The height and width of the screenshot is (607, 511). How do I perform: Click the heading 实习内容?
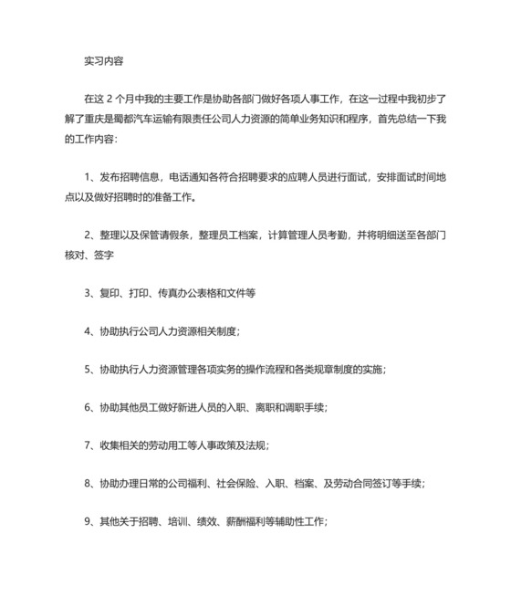pos(102,62)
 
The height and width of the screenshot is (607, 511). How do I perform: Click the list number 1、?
pos(89,174)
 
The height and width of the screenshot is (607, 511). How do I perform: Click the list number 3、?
pos(89,293)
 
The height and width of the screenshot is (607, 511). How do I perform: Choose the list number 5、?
pos(89,369)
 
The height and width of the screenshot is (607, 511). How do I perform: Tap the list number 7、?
pos(89,445)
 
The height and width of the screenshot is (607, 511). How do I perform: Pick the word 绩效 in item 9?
pos(214,521)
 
